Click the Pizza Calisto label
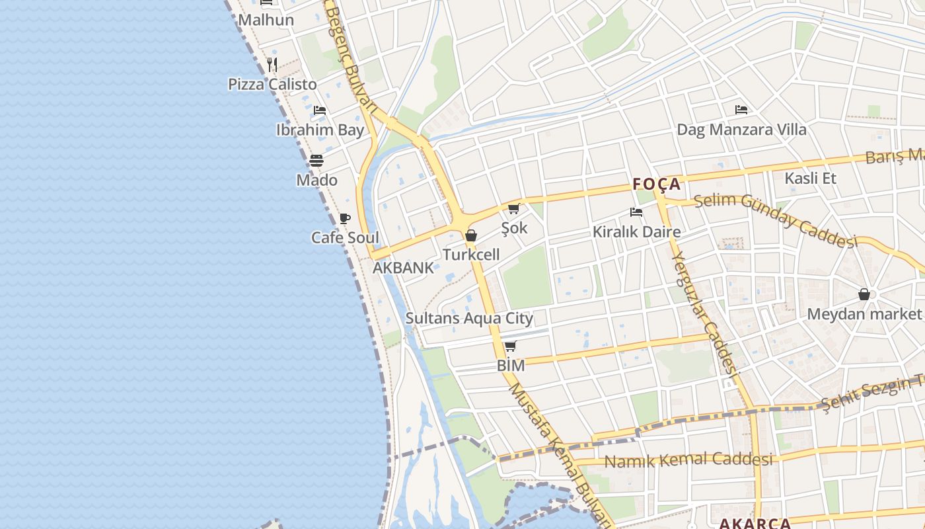click(x=272, y=85)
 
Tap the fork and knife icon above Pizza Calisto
click(x=272, y=64)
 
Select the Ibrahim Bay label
click(x=320, y=130)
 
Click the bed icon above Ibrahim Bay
click(x=320, y=110)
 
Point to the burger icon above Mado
click(x=316, y=161)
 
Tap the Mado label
click(x=316, y=180)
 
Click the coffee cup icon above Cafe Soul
click(x=344, y=218)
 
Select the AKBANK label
click(x=403, y=268)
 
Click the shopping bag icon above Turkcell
click(x=471, y=235)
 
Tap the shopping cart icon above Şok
click(x=513, y=209)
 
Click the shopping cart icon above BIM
click(x=510, y=346)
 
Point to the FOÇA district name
click(x=656, y=184)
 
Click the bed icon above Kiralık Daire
click(x=636, y=212)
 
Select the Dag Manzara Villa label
click(x=741, y=130)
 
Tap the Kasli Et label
click(x=810, y=178)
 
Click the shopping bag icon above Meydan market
click(x=864, y=294)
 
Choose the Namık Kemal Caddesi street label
click(x=688, y=460)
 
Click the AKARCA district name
click(x=755, y=524)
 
